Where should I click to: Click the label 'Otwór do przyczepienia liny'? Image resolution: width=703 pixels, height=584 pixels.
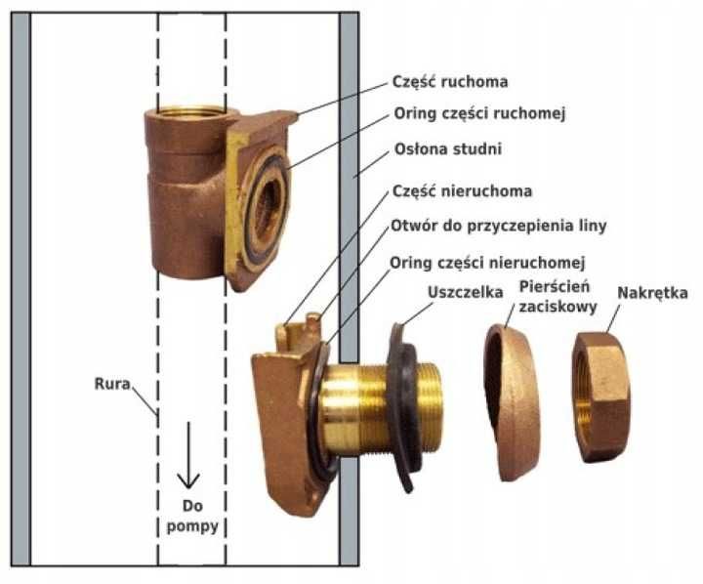point(498,226)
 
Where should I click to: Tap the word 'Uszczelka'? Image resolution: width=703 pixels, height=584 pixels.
point(464,292)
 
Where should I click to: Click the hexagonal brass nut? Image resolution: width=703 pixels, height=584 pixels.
point(600,396)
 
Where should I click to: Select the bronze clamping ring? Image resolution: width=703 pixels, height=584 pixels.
point(513,400)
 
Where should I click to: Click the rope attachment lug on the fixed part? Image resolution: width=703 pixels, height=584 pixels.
point(294,328)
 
